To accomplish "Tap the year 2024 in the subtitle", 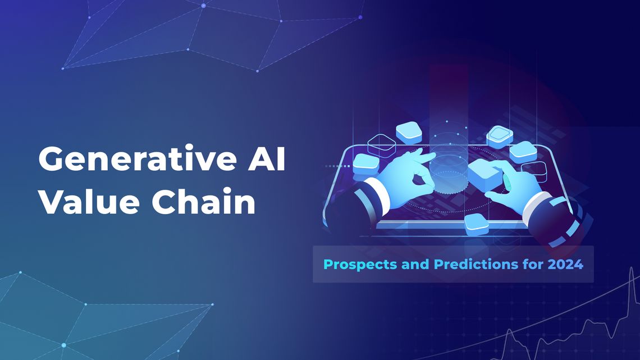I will [564, 263].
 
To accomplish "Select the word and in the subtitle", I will [413, 263].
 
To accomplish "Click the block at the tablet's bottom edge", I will [476, 223].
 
